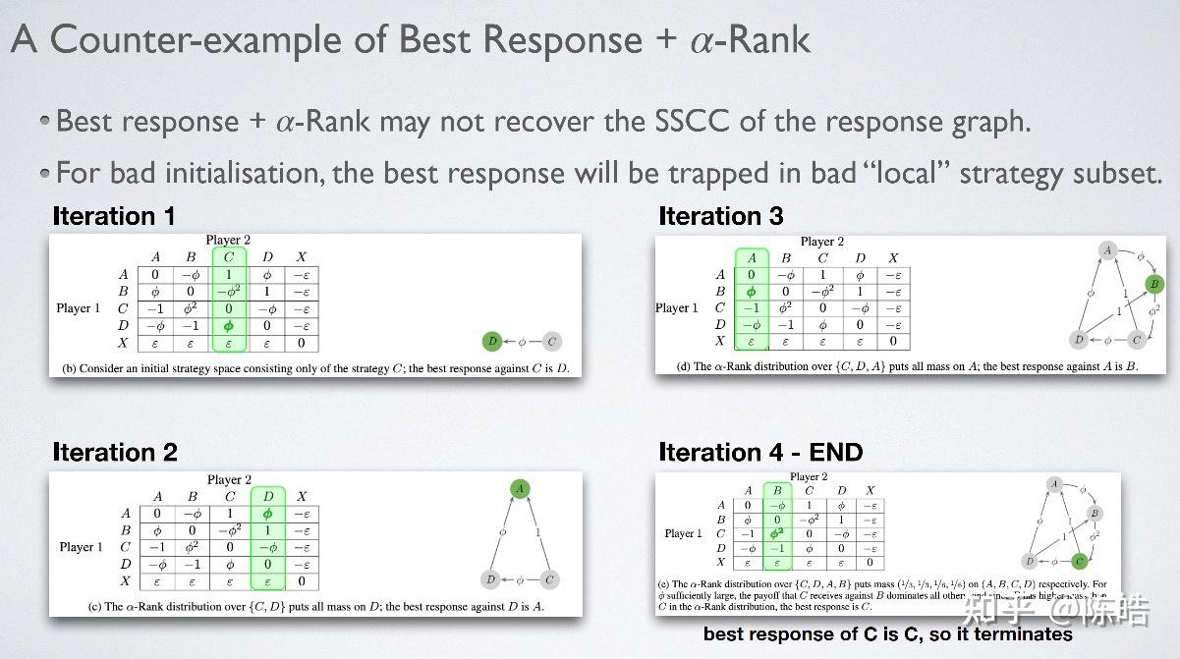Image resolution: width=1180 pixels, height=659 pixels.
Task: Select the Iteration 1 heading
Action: click(114, 216)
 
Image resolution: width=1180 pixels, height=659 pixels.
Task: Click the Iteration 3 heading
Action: click(720, 216)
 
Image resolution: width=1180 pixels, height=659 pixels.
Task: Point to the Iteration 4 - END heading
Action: click(760, 452)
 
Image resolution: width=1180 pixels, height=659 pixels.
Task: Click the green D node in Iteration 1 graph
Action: click(493, 342)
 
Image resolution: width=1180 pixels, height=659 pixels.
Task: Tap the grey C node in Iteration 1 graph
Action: click(552, 342)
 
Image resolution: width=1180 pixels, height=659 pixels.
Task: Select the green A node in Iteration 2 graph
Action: click(520, 488)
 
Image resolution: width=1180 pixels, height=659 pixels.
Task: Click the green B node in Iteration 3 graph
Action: click(1154, 284)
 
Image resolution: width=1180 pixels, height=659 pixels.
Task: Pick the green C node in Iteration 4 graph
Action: click(1080, 562)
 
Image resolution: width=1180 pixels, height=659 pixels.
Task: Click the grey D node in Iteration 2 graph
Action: click(491, 579)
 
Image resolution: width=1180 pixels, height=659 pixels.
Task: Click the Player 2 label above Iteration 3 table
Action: click(821, 242)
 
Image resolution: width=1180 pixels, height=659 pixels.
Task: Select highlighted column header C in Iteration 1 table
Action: click(228, 257)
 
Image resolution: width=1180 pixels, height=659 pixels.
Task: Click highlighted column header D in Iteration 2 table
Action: click(267, 496)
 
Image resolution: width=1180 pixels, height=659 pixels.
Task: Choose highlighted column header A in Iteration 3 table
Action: click(752, 258)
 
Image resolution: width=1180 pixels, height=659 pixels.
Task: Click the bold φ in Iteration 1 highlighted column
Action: click(228, 325)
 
